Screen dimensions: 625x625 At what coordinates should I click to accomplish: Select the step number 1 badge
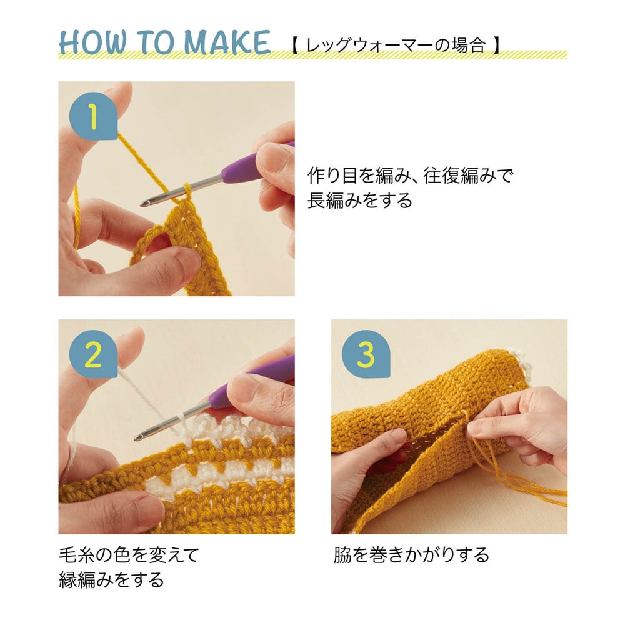pos(93,116)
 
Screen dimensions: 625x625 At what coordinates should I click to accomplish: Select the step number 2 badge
pos(93,354)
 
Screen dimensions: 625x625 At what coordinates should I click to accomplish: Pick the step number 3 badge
pos(366,354)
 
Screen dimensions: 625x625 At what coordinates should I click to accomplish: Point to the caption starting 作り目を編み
pos(411,176)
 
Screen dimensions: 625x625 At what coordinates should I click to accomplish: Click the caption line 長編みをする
pos(359,200)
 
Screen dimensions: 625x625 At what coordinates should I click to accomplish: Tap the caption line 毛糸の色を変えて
pos(129,554)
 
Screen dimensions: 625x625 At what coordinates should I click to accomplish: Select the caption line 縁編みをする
pos(112,579)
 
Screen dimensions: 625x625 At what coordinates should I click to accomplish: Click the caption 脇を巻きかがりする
pos(411,554)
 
